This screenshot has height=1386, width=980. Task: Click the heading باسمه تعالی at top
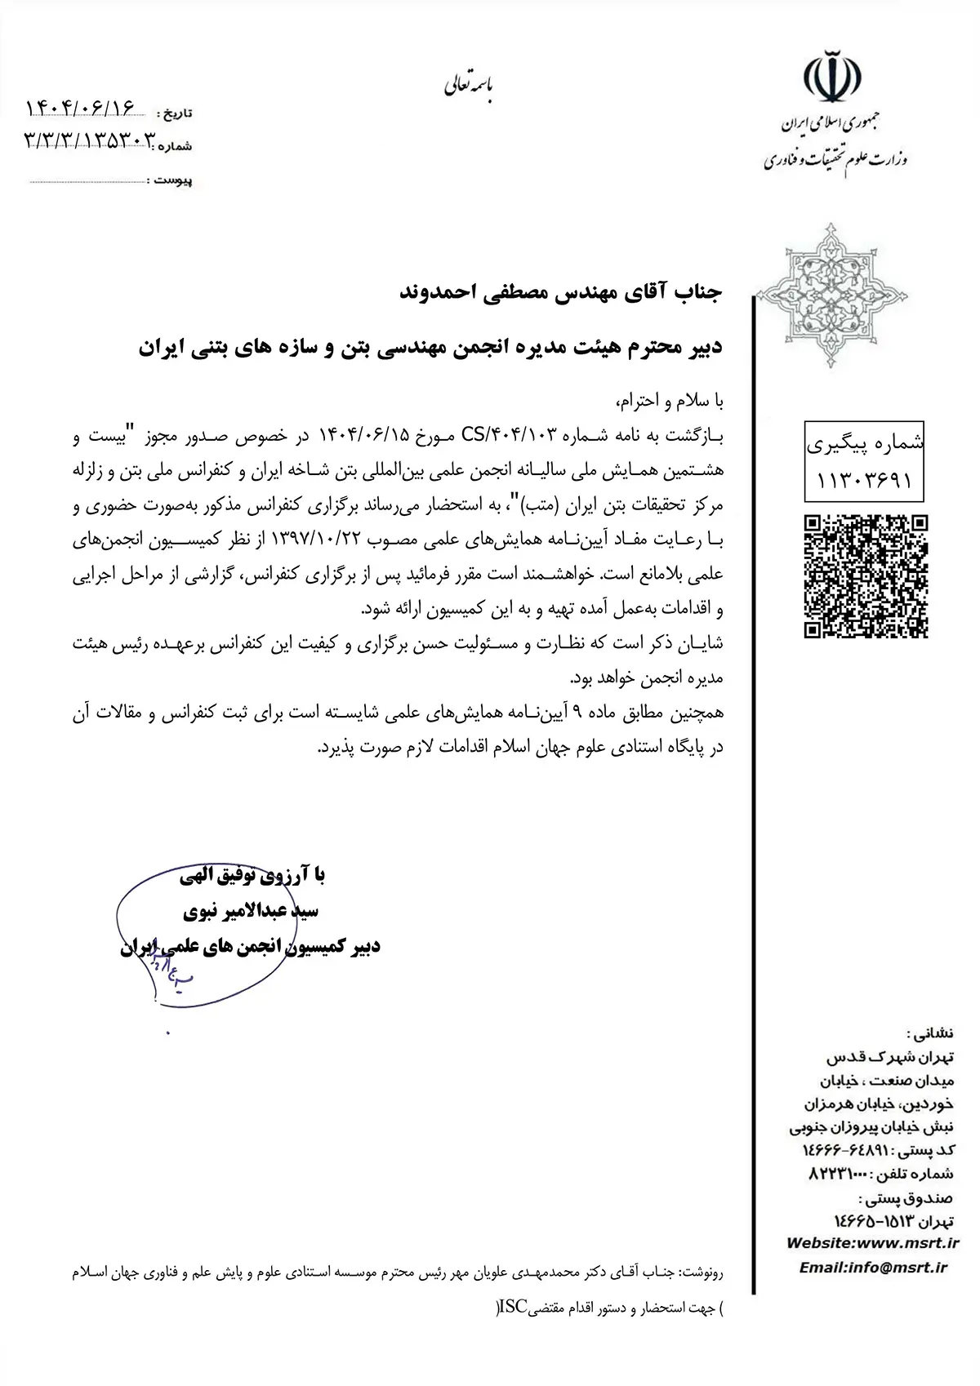click(x=469, y=85)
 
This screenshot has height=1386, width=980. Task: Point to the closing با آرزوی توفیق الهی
click(x=252, y=876)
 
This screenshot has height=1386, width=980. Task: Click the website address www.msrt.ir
click(x=904, y=1242)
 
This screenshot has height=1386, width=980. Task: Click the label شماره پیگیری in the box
click(x=866, y=444)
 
